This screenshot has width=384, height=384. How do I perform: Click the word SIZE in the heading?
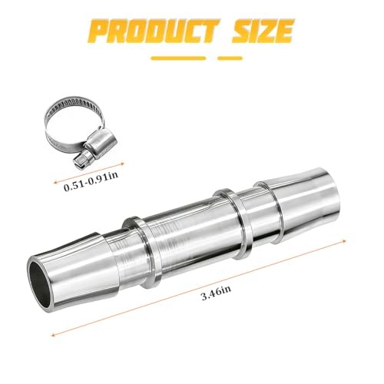click(x=263, y=31)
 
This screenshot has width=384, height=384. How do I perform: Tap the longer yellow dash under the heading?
click(x=178, y=58)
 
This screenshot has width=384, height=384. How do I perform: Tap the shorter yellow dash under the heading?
click(x=230, y=58)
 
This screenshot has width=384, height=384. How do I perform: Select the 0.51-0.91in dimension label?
click(x=91, y=181)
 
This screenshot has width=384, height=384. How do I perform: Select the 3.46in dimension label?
click(x=217, y=293)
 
